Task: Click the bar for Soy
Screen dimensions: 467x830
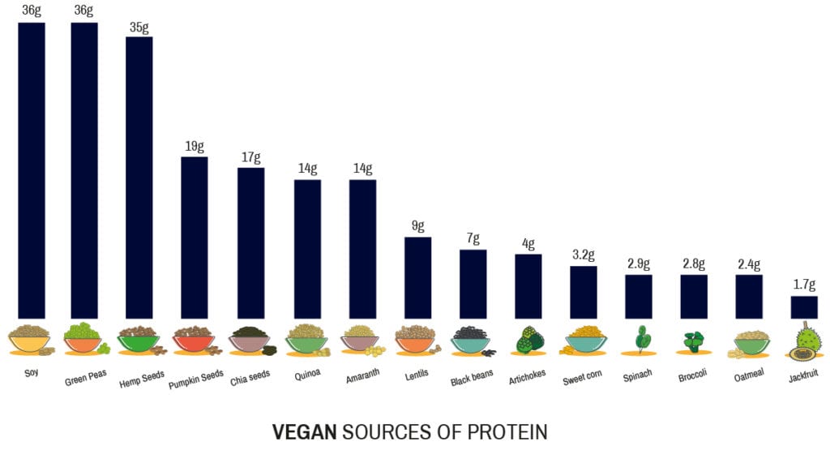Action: [32, 170]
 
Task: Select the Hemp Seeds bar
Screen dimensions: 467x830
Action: [139, 178]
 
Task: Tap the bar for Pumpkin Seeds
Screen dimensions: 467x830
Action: [194, 237]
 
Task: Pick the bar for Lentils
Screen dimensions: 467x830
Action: [417, 277]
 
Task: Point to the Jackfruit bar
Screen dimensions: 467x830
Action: [804, 306]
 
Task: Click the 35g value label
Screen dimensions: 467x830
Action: [139, 27]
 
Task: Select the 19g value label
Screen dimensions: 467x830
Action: [195, 147]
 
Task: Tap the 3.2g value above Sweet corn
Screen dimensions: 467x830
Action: [584, 256]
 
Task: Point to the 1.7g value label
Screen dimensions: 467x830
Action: [804, 285]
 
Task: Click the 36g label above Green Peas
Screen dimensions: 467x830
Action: [84, 11]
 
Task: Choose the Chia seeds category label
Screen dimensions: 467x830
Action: [249, 375]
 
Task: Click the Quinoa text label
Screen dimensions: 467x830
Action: [306, 375]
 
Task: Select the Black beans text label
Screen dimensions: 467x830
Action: [472, 378]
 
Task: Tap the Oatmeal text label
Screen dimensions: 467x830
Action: [748, 375]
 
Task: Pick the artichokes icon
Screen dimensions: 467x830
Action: [528, 340]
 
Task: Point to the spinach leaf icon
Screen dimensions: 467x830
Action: [640, 340]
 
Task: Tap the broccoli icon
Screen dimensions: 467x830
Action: [694, 341]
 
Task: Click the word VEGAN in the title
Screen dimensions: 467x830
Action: [304, 432]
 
